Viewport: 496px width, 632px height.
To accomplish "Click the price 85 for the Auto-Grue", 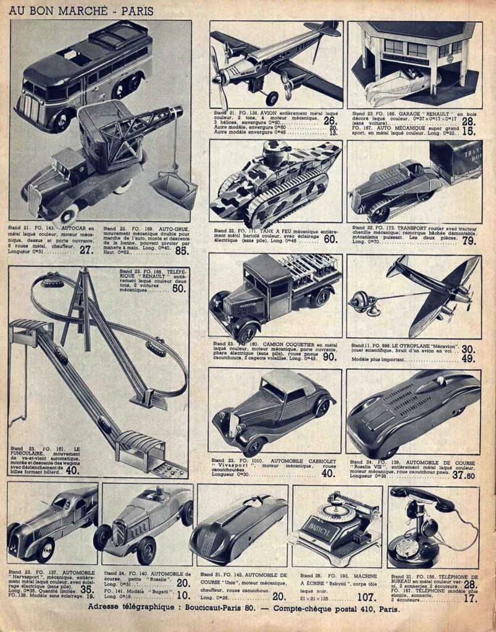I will pyautogui.click(x=181, y=251).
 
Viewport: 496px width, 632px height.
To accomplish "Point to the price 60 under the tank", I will pyautogui.click(x=330, y=239).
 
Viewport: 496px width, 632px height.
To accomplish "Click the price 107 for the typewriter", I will pyautogui.click(x=366, y=597).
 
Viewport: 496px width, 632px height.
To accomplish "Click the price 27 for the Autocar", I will pyautogui.click(x=86, y=250).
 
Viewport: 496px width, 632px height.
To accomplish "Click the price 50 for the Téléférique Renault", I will pyautogui.click(x=179, y=288).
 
